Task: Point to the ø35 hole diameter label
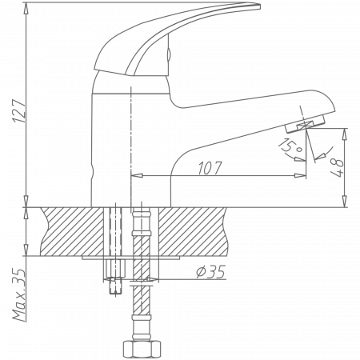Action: (x=209, y=274)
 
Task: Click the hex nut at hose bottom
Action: (x=142, y=349)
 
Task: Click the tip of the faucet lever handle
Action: (x=258, y=6)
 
